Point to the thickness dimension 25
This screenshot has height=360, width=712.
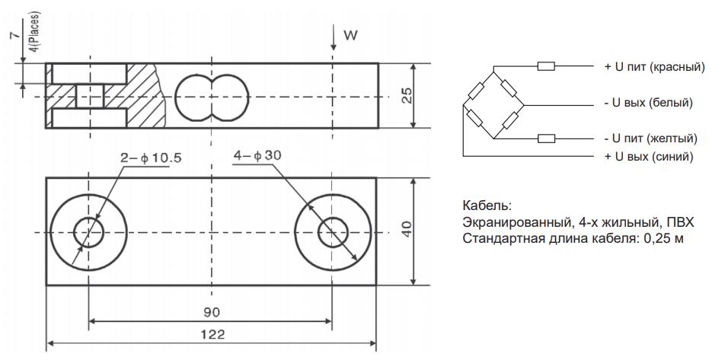(407, 95)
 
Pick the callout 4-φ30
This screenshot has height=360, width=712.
(258, 155)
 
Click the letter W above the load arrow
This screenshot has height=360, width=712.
(350, 36)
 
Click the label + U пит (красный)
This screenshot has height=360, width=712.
(653, 66)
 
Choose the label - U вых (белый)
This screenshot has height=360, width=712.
(648, 103)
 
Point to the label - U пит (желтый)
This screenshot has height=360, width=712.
(650, 139)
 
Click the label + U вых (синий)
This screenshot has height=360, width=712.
(648, 156)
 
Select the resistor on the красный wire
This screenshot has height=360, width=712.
(546, 66)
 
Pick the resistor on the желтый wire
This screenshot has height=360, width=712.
(546, 139)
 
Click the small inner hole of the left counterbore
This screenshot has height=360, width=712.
(89, 231)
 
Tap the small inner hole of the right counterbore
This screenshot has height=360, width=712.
(331, 231)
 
